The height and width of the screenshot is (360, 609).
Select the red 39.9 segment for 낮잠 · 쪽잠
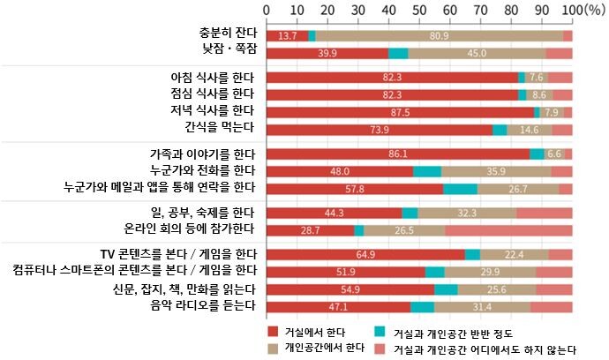[327, 53]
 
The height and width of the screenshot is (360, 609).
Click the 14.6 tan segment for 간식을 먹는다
[529, 130]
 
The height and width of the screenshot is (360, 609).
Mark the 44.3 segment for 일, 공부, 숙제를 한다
[334, 213]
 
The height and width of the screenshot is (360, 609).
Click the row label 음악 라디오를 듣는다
[199, 306]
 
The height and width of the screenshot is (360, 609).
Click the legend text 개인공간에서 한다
[324, 348]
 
